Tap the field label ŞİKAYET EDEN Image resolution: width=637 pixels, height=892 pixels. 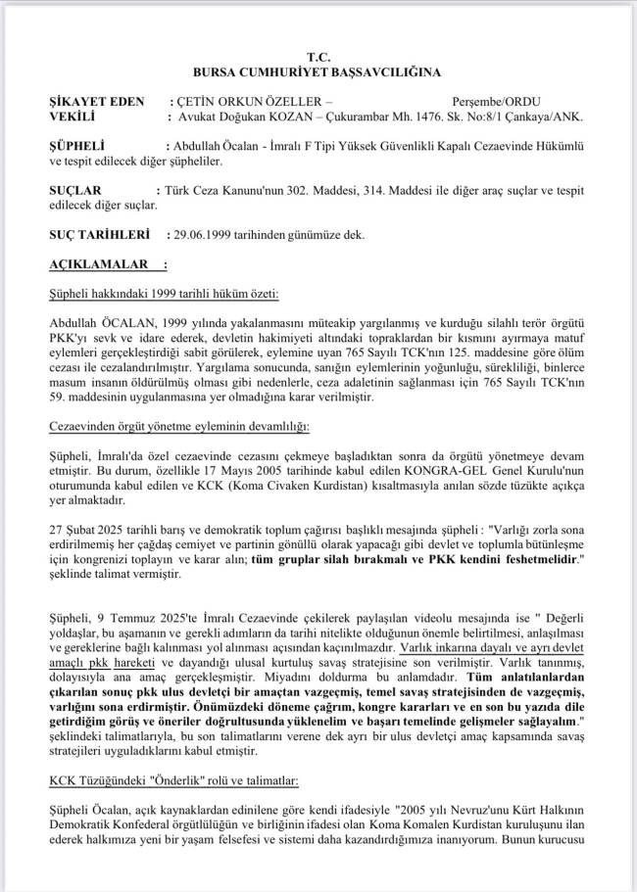coord(95,102)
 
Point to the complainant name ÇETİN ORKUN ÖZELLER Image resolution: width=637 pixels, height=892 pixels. coord(250,102)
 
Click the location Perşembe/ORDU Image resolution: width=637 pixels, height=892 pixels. coord(496,102)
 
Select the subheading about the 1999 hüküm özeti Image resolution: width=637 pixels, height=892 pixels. coord(164,293)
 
